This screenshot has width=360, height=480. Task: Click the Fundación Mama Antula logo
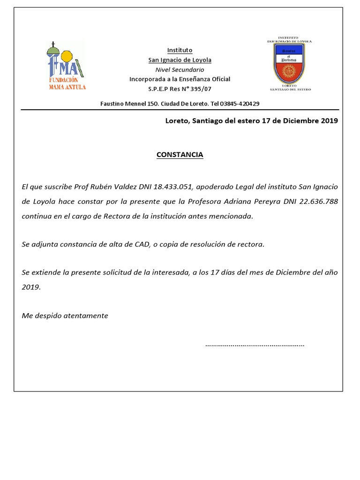click(x=67, y=66)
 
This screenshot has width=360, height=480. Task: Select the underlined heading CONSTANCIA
click(x=180, y=155)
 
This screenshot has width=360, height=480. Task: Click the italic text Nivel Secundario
click(x=180, y=69)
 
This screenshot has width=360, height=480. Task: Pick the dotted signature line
click(x=255, y=345)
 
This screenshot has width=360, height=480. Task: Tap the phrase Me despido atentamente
click(x=65, y=316)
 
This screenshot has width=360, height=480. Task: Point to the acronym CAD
click(x=141, y=245)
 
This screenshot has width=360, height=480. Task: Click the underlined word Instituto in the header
click(x=180, y=51)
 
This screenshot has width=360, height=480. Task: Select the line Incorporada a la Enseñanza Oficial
click(x=180, y=79)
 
